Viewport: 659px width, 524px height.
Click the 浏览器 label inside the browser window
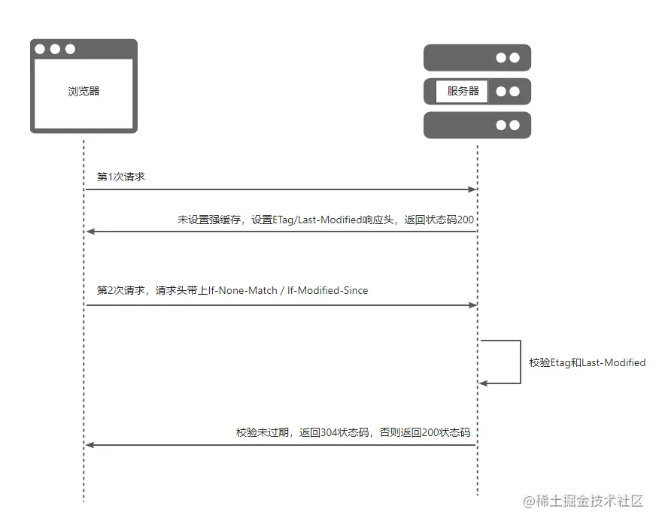84,91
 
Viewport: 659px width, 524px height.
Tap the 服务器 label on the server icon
463,91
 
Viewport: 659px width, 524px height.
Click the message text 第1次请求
120,177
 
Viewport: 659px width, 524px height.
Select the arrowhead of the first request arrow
472,189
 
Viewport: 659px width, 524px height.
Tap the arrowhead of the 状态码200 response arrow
90,232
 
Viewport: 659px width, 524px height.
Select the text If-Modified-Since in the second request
326,290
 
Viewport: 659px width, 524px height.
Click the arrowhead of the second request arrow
472,305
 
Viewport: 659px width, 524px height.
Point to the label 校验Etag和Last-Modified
587,362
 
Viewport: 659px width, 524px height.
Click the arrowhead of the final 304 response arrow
90,445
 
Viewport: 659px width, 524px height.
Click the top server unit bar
477,58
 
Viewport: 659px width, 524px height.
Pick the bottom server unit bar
477,126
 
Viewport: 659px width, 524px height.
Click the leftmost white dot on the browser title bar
41,49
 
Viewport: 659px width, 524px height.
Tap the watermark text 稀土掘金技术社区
589,501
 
